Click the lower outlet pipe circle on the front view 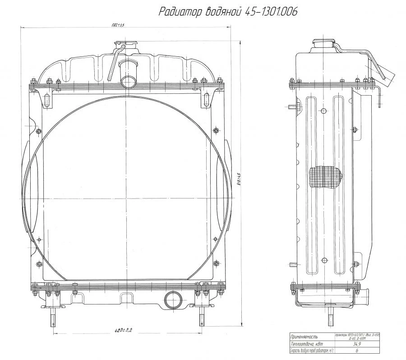(173, 300)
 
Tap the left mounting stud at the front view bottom (54, 315)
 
